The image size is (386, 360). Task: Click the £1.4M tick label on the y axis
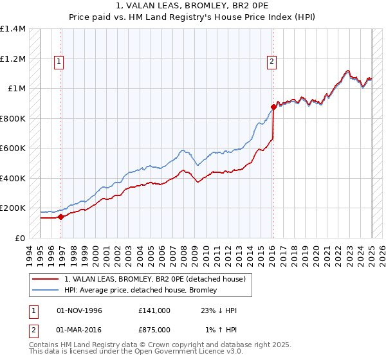tap(13, 29)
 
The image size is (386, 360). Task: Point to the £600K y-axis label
tap(13, 148)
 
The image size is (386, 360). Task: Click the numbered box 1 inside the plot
tap(59, 62)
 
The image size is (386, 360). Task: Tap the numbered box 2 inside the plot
tap(272, 62)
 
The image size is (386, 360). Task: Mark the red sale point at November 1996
tap(61, 217)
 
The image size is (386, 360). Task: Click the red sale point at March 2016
tap(274, 107)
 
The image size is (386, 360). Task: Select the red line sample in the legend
tap(46, 280)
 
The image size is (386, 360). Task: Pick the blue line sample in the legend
tap(46, 291)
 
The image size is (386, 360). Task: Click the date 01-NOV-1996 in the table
tap(80, 310)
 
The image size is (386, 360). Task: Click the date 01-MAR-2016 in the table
tap(80, 330)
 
